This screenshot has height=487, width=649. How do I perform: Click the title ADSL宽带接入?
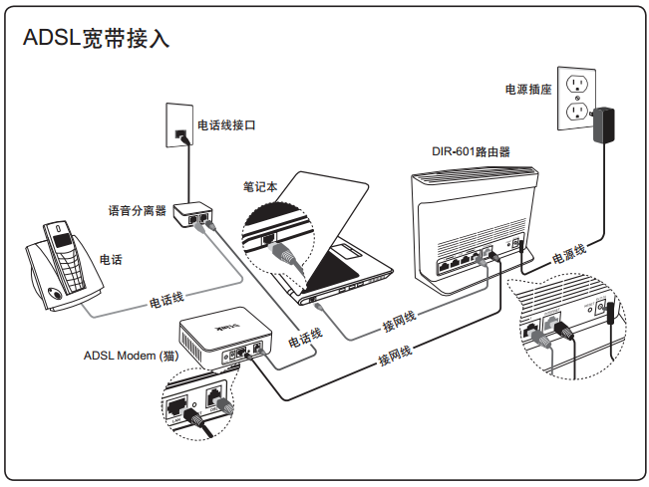click(96, 38)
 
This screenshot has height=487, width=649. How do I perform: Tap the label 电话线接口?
click(226, 125)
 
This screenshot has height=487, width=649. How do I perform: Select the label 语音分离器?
click(137, 211)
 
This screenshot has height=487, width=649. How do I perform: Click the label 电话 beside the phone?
click(111, 260)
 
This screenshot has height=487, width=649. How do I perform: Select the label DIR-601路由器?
click(471, 152)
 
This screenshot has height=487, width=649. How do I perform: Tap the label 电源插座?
click(527, 90)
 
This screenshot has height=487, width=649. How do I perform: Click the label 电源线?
click(570, 254)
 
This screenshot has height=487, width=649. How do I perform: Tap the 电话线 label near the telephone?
click(166, 297)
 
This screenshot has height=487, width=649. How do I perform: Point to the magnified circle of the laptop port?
click(279, 238)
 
